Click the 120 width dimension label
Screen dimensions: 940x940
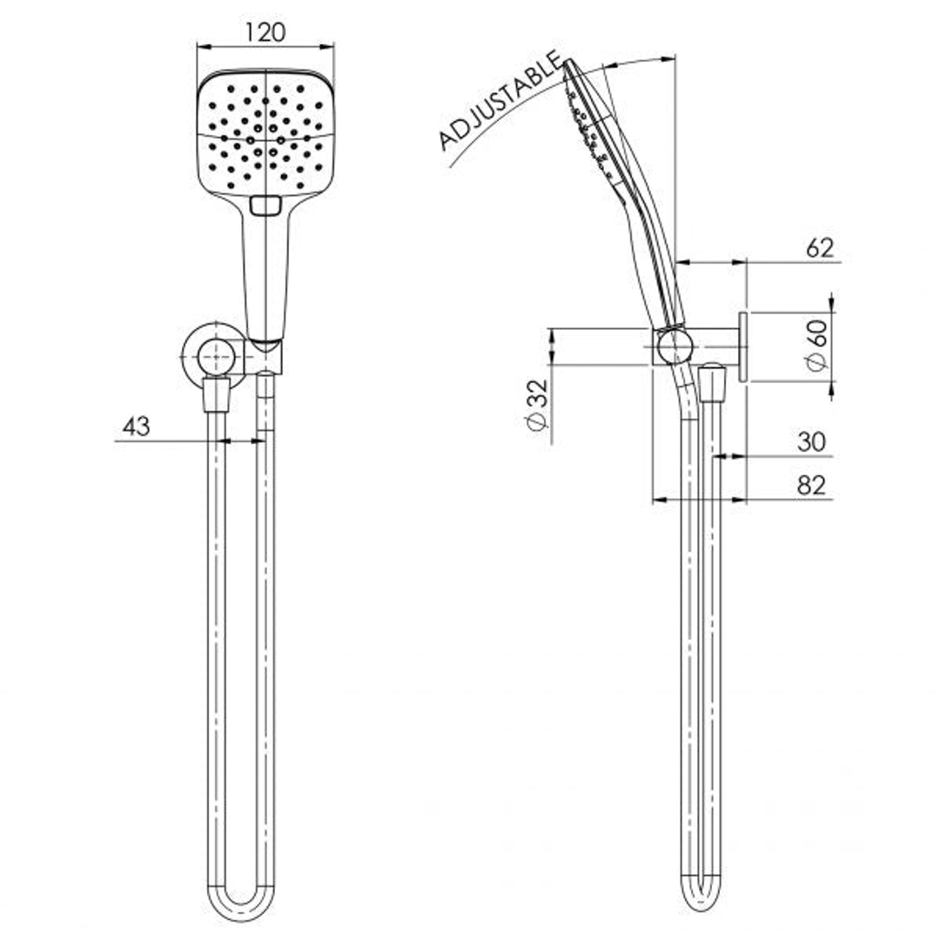point(265,32)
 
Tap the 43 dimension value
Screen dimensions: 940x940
point(136,426)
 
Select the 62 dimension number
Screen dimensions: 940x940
point(819,248)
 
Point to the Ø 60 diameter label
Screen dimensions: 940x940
point(816,346)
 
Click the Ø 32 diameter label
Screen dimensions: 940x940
point(537,405)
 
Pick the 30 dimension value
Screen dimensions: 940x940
point(810,442)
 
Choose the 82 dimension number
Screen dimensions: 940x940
point(810,486)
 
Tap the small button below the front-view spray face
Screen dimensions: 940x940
point(265,205)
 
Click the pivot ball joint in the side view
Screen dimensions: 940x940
point(674,347)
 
